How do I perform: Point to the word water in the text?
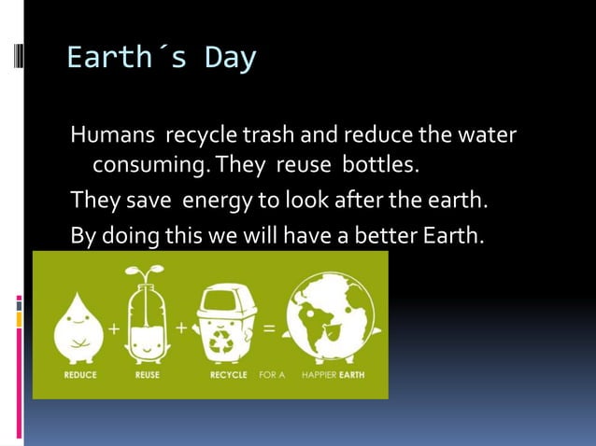tap(487, 136)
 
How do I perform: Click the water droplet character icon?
tap(79, 329)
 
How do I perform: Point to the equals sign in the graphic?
tap(269, 328)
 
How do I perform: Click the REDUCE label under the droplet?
tap(80, 374)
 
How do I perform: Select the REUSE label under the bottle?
tap(148, 374)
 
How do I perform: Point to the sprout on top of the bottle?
tap(147, 272)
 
